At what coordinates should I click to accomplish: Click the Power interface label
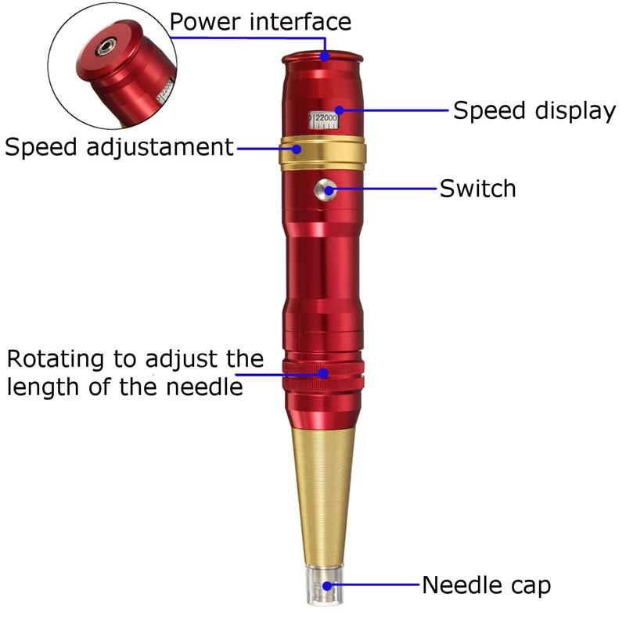(260, 22)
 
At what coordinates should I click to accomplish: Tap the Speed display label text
(534, 110)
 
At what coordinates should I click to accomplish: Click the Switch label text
(477, 189)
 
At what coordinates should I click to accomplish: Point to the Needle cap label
(486, 585)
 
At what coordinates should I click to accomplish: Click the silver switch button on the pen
(324, 188)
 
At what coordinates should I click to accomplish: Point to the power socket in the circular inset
(103, 49)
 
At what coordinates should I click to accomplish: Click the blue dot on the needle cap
(329, 585)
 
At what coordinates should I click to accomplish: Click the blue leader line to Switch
(383, 189)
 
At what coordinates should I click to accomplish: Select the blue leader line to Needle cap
(376, 585)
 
